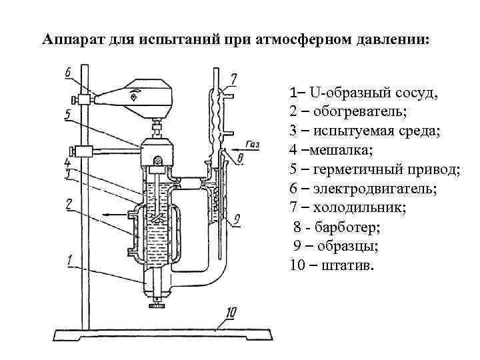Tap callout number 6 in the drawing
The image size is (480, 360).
[69, 73]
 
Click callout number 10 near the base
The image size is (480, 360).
[231, 311]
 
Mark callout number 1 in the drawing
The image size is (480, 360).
[70, 261]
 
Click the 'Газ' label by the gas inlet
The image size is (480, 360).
[253, 144]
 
